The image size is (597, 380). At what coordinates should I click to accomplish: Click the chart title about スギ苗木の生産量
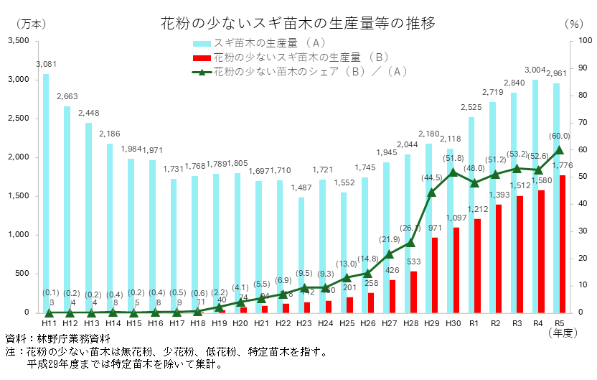(298, 22)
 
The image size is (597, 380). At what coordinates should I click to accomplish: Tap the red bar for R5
(563, 244)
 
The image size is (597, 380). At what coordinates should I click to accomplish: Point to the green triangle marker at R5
(560, 150)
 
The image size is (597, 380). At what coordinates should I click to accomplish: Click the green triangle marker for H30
(453, 172)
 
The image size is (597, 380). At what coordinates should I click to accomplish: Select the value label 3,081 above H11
(46, 65)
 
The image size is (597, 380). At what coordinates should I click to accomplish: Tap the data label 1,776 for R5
(562, 167)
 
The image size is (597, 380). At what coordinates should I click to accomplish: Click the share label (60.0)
(560, 136)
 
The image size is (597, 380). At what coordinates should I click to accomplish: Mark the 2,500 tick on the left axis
(19, 119)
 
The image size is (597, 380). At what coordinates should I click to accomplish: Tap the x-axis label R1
(474, 324)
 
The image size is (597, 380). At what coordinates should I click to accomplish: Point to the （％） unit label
(573, 23)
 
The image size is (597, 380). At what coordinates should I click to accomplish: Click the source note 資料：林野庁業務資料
(57, 338)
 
